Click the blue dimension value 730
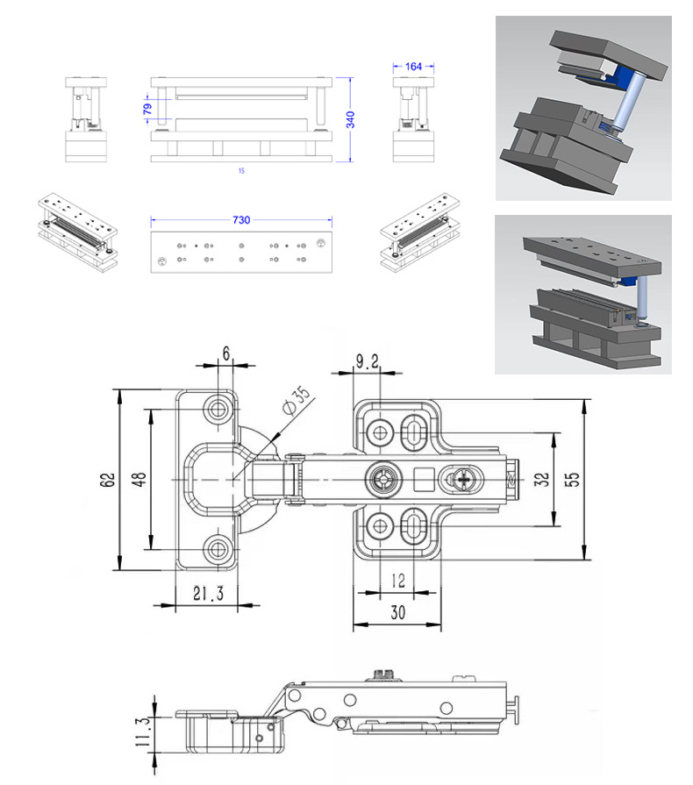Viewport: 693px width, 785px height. click(x=240, y=221)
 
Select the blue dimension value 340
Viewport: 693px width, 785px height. click(x=350, y=120)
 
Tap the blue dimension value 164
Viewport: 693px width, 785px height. click(x=413, y=66)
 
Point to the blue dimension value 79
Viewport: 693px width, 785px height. click(x=147, y=108)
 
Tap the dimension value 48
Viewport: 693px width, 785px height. click(x=138, y=480)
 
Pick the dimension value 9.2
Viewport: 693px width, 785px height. click(x=367, y=360)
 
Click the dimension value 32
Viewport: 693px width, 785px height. click(x=541, y=480)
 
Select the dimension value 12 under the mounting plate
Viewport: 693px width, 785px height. click(x=398, y=581)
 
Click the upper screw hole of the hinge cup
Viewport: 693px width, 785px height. click(x=218, y=408)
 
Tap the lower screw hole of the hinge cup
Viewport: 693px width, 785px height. click(x=218, y=549)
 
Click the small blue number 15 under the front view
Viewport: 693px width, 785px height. click(x=241, y=170)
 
